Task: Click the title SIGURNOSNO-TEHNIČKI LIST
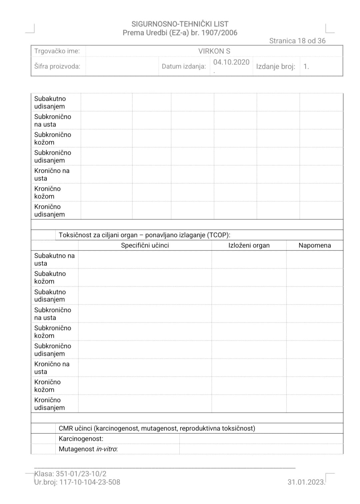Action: point(180,24)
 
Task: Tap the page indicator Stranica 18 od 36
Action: point(297,41)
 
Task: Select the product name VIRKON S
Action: point(214,51)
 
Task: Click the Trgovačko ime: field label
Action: point(57,51)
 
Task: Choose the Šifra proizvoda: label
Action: point(57,66)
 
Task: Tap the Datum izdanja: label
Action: point(184,66)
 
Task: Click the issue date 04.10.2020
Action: point(231,62)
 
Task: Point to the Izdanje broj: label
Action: point(275,66)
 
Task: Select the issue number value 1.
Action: point(306,66)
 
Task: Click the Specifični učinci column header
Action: point(145,245)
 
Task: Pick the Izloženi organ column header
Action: point(249,245)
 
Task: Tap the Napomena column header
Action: point(314,245)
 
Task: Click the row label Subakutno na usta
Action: point(54,259)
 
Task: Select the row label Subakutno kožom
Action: point(50,277)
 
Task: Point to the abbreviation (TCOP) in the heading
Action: point(218,235)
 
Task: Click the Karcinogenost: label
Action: point(81,439)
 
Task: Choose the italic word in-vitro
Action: point(107,449)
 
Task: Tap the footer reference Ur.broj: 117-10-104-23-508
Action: point(77,482)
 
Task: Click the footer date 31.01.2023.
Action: point(306,482)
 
